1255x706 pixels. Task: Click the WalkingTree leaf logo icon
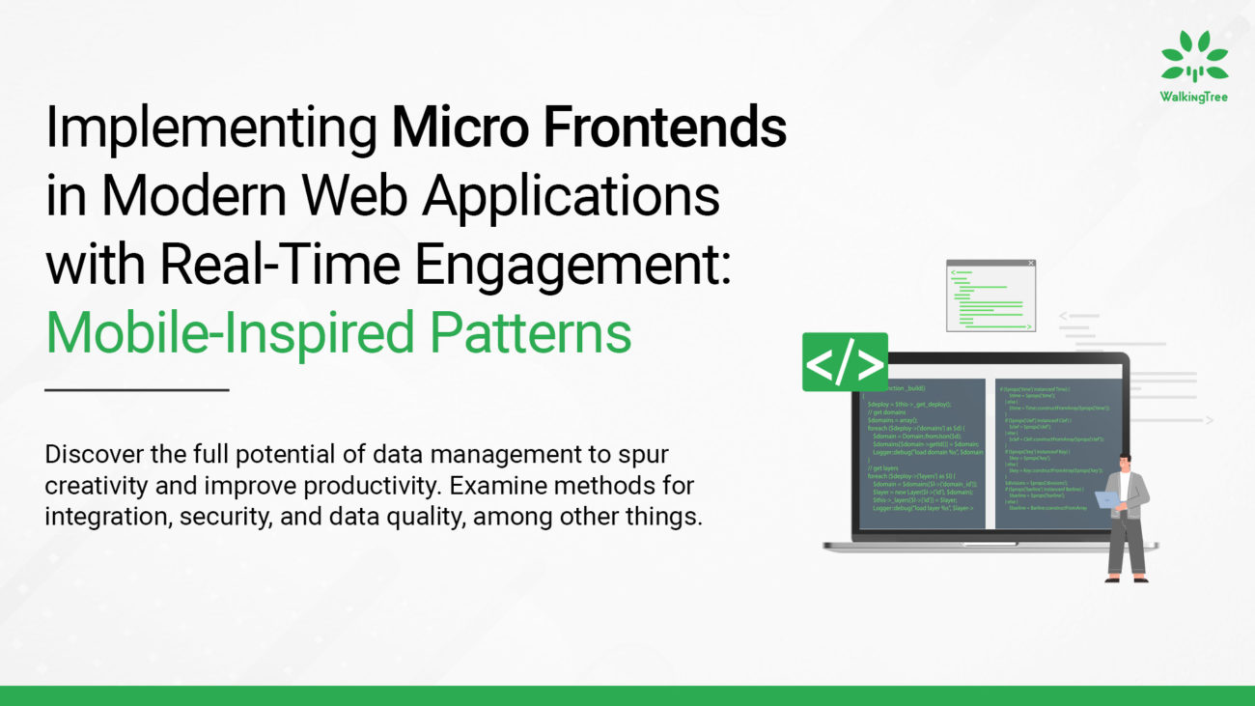(1194, 58)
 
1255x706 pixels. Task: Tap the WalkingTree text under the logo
(1194, 97)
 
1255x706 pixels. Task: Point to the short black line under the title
(137, 390)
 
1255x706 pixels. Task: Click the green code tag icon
(845, 362)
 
